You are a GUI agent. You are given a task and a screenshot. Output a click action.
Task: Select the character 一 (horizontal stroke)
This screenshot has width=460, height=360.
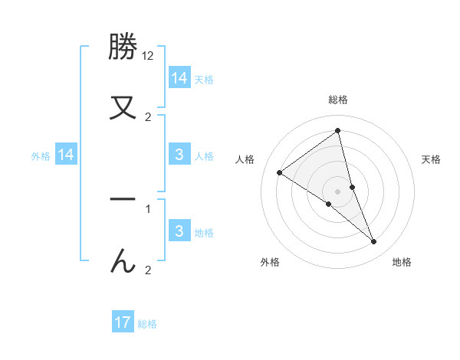[123, 199]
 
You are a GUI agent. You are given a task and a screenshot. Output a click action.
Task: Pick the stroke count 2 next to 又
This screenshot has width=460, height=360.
[148, 117]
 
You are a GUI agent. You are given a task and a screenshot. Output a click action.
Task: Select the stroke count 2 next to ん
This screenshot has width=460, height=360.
[148, 270]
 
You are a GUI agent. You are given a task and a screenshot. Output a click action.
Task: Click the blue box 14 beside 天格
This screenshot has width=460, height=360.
[179, 77]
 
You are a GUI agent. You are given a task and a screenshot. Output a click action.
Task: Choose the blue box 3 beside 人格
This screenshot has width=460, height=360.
[179, 155]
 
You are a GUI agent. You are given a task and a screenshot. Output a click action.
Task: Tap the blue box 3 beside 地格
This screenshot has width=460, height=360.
[179, 231]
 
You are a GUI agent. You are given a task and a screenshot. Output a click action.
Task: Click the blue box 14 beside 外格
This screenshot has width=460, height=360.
[66, 155]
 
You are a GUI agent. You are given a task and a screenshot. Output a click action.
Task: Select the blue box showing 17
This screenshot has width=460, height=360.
[123, 322]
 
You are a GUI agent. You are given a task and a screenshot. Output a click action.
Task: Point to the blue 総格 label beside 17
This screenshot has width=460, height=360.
[147, 324]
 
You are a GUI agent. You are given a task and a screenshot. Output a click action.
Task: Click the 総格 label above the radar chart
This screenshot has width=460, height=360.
[338, 100]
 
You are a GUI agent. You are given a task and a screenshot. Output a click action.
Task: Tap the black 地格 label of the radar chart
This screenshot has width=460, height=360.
[402, 262]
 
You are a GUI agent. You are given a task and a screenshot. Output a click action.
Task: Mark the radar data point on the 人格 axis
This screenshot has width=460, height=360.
[280, 173]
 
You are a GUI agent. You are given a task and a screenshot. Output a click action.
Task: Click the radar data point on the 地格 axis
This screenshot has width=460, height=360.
[374, 242]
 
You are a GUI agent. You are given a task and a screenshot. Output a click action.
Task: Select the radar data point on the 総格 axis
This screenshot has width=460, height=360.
[337, 130]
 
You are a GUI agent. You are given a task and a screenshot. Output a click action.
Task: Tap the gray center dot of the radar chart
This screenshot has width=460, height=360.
[337, 191]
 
